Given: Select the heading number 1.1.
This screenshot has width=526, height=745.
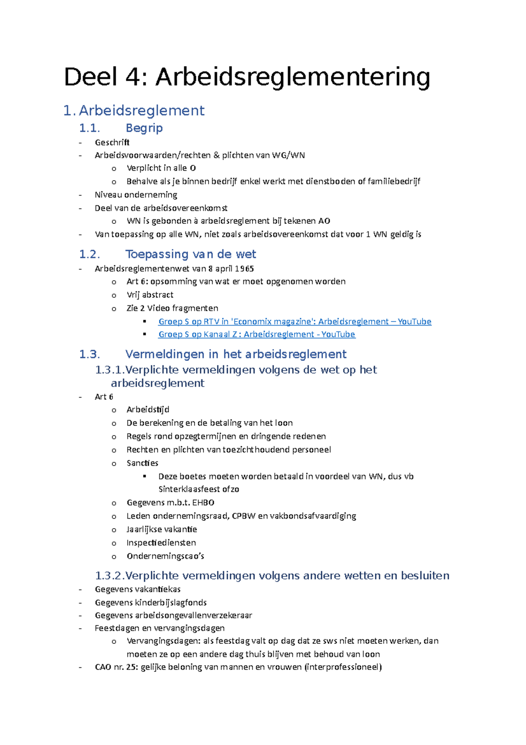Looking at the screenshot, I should point(89,128).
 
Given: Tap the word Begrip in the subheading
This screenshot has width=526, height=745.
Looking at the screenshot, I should point(144,128).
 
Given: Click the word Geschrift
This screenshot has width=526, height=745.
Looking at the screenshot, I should point(112,142).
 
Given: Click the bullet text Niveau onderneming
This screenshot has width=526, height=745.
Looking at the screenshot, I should point(136,194).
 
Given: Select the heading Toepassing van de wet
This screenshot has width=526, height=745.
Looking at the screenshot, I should point(190,254).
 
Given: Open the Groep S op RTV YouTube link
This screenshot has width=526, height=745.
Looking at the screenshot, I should point(295,322).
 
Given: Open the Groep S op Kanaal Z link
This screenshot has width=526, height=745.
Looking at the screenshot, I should point(256,334).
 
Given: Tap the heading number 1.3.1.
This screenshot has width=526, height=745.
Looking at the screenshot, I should point(110,370).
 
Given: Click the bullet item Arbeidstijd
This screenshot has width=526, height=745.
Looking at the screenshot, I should point(148,409).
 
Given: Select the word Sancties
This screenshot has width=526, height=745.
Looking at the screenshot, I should point(142,463).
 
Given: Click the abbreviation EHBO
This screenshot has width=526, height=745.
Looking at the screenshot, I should point(203,502).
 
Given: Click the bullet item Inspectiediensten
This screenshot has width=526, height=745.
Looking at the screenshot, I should point(161,543).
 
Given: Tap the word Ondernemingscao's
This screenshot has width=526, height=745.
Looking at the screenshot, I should point(165,556).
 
